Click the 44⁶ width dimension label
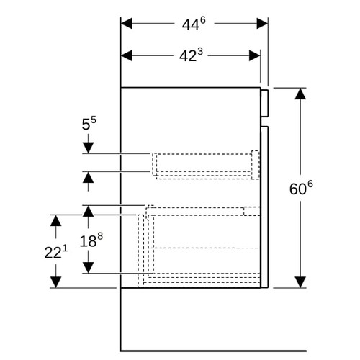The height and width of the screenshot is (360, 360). click(x=194, y=24)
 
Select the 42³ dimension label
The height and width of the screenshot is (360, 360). click(x=191, y=55)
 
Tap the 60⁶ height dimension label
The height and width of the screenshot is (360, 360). click(x=301, y=188)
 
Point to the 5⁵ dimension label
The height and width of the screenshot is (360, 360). click(x=89, y=123)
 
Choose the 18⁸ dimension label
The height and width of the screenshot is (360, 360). click(x=91, y=240)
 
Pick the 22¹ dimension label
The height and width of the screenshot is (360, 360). click(x=56, y=252)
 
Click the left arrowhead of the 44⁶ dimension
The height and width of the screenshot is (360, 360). click(x=126, y=24)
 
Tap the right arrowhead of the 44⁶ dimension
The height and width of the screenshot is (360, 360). click(x=262, y=24)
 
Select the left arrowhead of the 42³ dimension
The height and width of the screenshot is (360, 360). click(x=126, y=55)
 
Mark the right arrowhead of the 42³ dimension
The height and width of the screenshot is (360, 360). click(x=255, y=55)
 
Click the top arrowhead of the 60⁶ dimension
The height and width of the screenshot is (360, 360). click(x=300, y=94)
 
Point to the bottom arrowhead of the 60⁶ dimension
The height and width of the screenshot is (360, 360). click(x=300, y=282)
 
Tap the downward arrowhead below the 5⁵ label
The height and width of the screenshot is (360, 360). click(x=88, y=148)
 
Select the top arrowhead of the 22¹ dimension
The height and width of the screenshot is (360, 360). click(x=55, y=220)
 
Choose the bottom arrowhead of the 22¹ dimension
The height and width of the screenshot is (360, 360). click(x=55, y=282)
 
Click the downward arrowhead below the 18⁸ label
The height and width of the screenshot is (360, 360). click(x=88, y=268)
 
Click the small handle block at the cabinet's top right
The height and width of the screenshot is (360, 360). click(x=264, y=104)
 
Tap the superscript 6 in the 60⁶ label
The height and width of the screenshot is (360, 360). click(x=310, y=185)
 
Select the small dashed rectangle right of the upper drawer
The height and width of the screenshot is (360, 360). click(x=256, y=165)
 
